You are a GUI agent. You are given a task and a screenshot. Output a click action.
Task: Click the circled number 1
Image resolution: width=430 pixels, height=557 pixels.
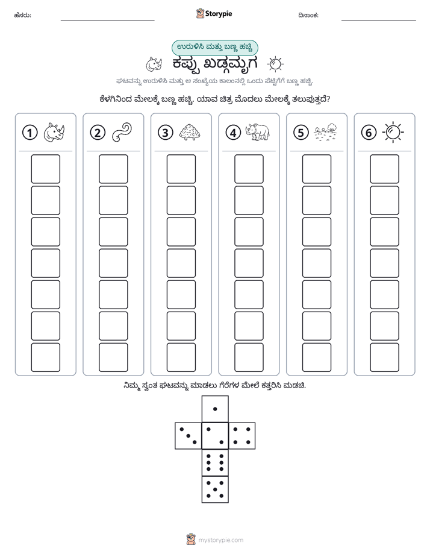30,133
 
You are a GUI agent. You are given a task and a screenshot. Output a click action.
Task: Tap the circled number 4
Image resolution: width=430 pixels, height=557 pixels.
233,133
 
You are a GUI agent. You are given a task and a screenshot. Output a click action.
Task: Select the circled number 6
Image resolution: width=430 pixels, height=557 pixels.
369,133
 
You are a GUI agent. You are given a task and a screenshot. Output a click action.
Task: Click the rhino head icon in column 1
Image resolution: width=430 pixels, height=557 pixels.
54,133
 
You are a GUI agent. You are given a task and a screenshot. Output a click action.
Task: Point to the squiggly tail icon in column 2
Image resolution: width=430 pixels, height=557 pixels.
122,133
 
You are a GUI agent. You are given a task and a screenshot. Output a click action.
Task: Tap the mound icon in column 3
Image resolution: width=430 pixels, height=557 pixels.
190,133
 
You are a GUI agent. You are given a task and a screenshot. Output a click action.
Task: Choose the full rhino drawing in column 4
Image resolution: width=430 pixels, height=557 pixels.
257,132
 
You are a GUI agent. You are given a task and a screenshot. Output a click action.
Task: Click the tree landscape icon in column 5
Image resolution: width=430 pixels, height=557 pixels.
325,132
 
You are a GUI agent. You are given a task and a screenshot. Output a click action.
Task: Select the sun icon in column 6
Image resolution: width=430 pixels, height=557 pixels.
393,133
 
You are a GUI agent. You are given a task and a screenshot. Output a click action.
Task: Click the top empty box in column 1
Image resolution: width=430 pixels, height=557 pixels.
45,169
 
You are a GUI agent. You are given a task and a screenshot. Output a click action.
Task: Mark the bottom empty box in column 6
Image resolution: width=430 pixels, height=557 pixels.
385,357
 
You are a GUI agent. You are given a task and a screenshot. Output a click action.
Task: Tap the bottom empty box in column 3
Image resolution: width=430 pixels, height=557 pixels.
181,357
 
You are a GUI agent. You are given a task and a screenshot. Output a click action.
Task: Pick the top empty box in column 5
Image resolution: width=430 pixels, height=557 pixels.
317,169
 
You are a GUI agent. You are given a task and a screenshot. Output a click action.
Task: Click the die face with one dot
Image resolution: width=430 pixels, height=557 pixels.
215,409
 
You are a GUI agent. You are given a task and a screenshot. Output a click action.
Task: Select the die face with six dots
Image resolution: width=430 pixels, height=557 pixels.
215,463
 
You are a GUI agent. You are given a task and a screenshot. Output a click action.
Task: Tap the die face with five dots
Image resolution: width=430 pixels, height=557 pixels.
215,489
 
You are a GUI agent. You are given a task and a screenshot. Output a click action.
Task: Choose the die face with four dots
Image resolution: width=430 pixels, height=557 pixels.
242,436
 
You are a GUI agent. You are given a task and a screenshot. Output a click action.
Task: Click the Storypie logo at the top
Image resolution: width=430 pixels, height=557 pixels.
214,14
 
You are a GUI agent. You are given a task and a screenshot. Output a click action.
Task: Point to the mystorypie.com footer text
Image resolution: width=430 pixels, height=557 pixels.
220,540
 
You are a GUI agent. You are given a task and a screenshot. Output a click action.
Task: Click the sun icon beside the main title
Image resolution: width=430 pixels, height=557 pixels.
275,65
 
